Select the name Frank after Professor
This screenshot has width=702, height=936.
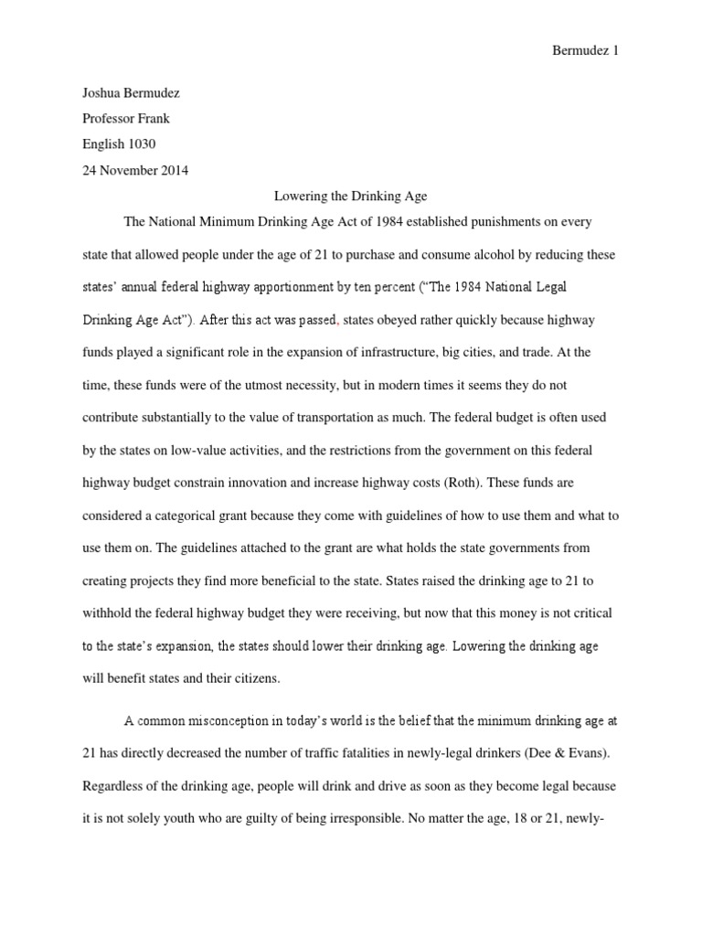153,118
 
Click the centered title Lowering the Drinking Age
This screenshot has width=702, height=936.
350,196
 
